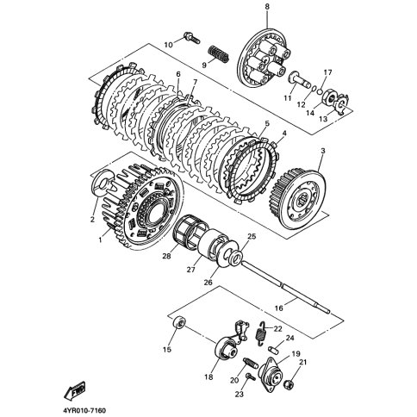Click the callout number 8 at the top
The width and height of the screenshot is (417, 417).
pos(267,7)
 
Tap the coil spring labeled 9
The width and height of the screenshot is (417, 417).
pos(219,53)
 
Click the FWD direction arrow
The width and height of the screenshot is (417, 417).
pos(74,391)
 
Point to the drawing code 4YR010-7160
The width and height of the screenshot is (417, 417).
pos(83,410)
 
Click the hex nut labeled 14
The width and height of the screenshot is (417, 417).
pos(328,97)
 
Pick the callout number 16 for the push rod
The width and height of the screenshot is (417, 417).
pos(278,308)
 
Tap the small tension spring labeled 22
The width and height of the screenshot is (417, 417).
pos(261,333)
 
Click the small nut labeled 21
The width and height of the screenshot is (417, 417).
pos(288,384)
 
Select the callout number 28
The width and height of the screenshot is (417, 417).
pos(167,256)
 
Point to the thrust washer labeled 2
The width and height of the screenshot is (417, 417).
pos(103,181)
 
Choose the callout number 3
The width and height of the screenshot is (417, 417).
pos(323,151)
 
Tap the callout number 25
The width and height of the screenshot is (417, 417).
pos(252,237)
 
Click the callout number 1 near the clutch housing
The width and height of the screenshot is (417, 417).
pos(100,240)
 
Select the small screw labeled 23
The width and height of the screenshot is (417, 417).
pos(250,376)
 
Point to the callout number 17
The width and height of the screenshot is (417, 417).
pos(328,72)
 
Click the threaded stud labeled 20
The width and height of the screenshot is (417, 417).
pos(250,363)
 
